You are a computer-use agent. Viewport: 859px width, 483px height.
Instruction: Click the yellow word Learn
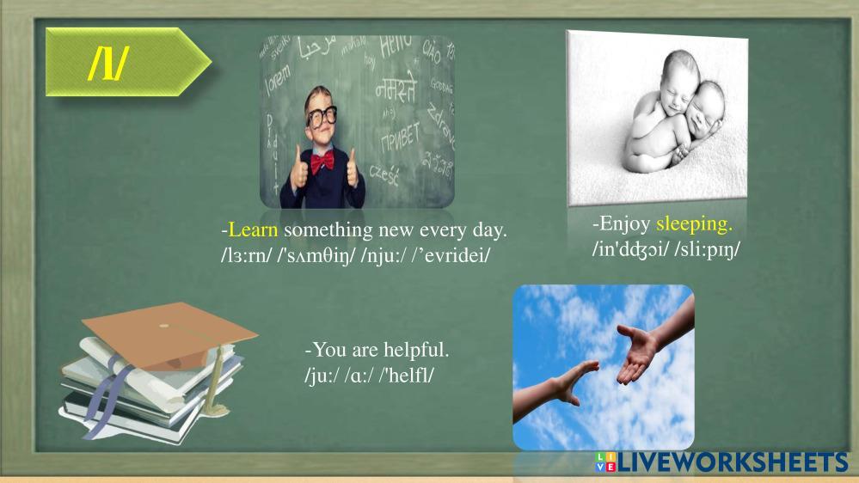tap(253, 230)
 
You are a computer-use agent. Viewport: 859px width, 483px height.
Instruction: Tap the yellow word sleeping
tap(694, 224)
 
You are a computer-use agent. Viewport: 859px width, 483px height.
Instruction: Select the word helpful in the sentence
tap(416, 350)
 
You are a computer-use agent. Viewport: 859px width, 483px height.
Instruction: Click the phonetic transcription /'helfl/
tap(407, 375)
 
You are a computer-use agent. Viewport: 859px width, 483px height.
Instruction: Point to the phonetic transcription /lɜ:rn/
tap(246, 255)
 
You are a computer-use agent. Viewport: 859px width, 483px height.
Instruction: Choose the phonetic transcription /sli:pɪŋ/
tap(708, 249)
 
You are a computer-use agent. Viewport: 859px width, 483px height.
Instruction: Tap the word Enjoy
tap(625, 224)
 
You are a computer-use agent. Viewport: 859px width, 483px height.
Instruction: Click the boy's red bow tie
tap(322, 162)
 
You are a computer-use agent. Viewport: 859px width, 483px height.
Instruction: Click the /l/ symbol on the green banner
tap(108, 63)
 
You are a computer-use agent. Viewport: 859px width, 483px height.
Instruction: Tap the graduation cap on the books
tap(169, 334)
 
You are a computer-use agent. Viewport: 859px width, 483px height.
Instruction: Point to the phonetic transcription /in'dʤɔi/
tap(630, 249)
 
